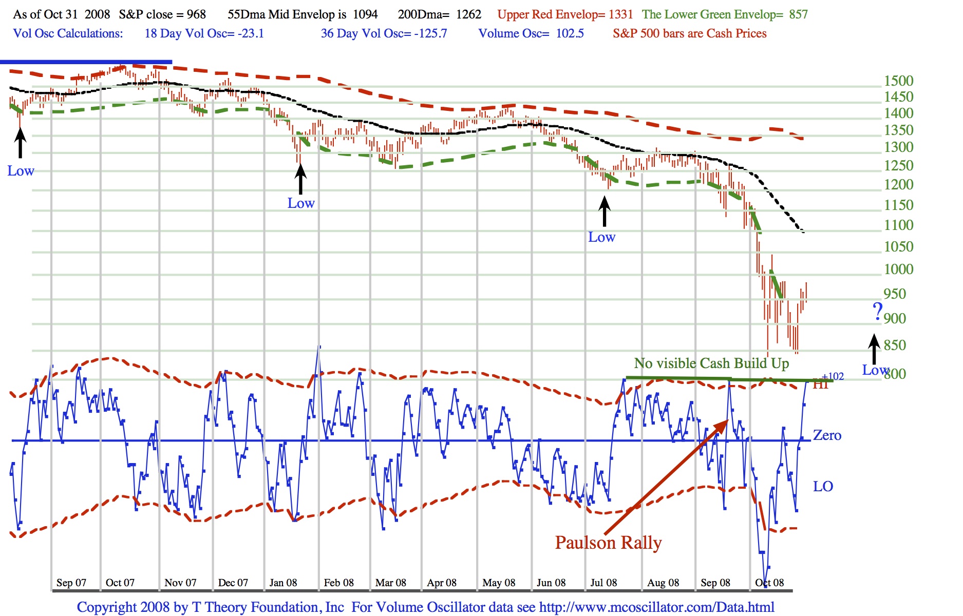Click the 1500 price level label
coord(898,81)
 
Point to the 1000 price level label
coord(898,269)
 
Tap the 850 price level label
coord(895,345)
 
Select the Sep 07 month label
coord(71,583)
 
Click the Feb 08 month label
coord(338,583)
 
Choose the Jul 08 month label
coord(603,583)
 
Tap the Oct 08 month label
coord(769,583)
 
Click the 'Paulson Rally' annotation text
coord(608,543)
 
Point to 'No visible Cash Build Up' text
coord(711,363)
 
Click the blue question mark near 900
coord(878,311)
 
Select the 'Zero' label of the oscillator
coord(827,435)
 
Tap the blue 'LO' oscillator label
coord(823,486)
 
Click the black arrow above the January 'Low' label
coord(300,178)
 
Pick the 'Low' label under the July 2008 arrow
coord(601,237)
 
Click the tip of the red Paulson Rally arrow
coord(727,421)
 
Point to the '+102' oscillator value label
coord(833,376)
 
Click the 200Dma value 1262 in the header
coord(468,14)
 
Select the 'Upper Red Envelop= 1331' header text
coord(565,14)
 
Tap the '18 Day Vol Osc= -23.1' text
coord(204,33)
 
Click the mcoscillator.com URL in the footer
coord(656,607)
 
